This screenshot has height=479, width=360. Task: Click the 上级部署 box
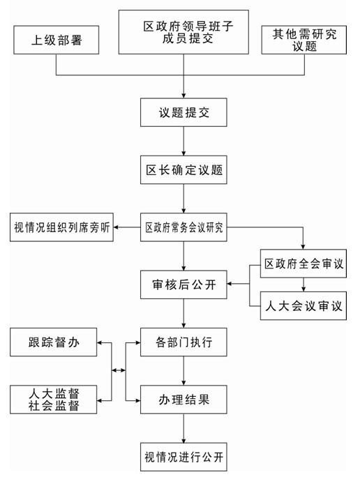[x=57, y=40]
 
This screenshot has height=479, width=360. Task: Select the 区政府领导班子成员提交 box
[x=183, y=32]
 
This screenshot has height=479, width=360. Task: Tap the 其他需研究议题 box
[x=304, y=40]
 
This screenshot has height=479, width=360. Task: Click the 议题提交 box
[x=183, y=112]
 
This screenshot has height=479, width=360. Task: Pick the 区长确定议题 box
[x=183, y=170]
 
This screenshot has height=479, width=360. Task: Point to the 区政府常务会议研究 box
[x=183, y=227]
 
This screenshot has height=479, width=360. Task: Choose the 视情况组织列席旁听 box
[x=61, y=227]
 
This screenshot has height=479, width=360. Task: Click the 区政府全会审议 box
[x=303, y=264]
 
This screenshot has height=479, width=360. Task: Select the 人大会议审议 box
[x=303, y=305]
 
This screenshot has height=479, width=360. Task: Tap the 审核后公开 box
[x=183, y=284]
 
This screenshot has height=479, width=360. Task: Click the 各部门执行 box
[x=183, y=342]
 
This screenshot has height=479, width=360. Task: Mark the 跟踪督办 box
[x=54, y=342]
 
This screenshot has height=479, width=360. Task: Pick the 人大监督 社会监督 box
[x=54, y=400]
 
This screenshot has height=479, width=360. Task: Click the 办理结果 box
[x=183, y=400]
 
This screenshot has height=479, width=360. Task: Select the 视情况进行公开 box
[x=183, y=457]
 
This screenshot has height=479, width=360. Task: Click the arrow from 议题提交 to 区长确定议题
[x=183, y=141]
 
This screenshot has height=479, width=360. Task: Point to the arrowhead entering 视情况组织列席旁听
[x=116, y=227]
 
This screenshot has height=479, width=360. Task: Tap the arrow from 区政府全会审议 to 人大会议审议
[x=303, y=284]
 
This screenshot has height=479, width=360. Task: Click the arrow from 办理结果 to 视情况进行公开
[x=183, y=428]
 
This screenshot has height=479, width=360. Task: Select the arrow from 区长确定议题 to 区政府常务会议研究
[x=183, y=199]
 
